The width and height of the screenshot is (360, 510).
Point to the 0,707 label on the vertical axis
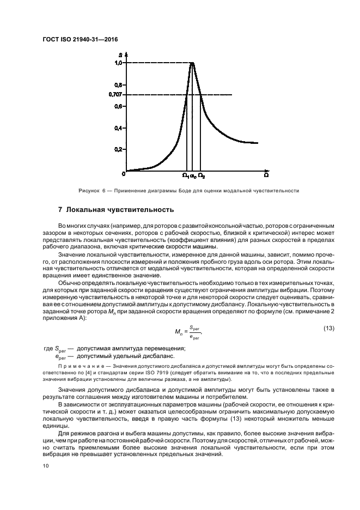[115, 95]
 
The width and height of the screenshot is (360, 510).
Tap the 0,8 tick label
[118, 85]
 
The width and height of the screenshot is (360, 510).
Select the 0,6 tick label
[118, 106]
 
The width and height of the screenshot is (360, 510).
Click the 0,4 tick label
[118, 128]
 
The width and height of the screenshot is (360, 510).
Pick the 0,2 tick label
[118, 149]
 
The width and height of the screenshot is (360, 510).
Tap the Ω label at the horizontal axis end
[266, 175]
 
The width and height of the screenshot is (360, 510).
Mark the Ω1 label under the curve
[185, 176]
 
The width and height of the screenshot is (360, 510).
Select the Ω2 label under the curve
[202, 176]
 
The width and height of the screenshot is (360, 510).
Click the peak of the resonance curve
[192, 63]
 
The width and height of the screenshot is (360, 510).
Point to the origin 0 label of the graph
[124, 173]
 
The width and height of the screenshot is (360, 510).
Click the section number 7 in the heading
[60, 210]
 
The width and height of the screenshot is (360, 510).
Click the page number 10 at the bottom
[46, 466]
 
